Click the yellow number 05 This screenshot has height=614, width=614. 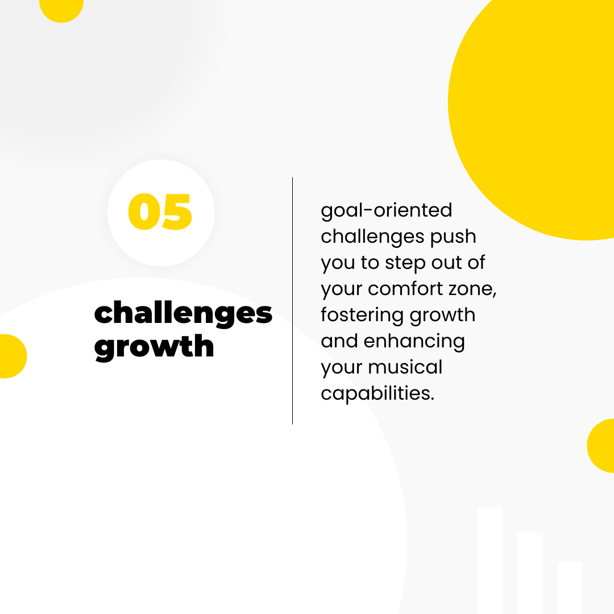pyautogui.click(x=160, y=211)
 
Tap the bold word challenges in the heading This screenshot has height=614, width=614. pyautogui.click(x=183, y=314)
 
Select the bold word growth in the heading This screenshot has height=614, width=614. pyautogui.click(x=154, y=347)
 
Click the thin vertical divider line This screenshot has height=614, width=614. pyautogui.click(x=293, y=301)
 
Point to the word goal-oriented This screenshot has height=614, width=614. pyautogui.click(x=387, y=211)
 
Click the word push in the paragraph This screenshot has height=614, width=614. pyautogui.click(x=453, y=237)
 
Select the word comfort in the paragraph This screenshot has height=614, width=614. pyautogui.click(x=405, y=289)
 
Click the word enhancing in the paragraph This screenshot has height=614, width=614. pyautogui.click(x=414, y=342)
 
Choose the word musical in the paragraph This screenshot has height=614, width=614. pyautogui.click(x=405, y=367)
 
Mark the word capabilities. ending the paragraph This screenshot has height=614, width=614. pyautogui.click(x=377, y=393)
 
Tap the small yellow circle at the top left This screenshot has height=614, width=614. pyautogui.click(x=61, y=8)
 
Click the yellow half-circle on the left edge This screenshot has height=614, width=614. pyautogui.click(x=12, y=356)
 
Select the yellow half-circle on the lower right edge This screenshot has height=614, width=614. pyautogui.click(x=601, y=446)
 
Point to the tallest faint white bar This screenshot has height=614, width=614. pyautogui.click(x=490, y=561)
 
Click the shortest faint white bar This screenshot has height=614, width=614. pyautogui.click(x=569, y=588)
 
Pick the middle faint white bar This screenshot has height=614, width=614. pyautogui.click(x=530, y=573)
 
